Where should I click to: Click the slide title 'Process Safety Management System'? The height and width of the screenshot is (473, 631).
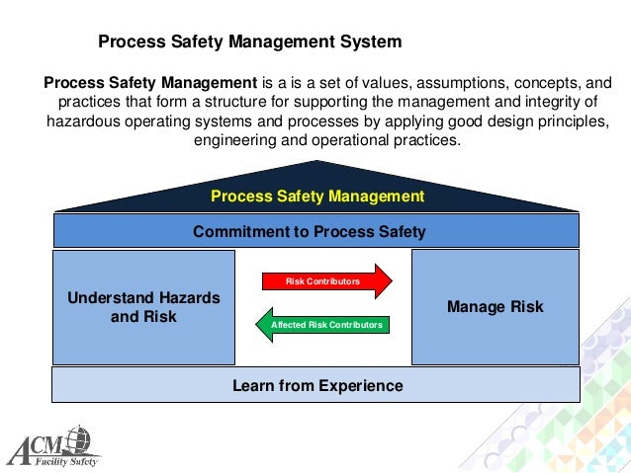click(x=249, y=42)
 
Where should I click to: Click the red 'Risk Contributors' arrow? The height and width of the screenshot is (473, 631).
click(x=325, y=281)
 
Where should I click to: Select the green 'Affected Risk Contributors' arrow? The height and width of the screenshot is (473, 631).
click(x=321, y=324)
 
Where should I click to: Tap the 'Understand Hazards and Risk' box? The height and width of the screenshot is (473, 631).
click(x=143, y=307)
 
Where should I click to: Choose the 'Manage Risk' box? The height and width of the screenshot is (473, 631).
click(x=495, y=307)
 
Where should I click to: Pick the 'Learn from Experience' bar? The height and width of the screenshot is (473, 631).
click(x=315, y=385)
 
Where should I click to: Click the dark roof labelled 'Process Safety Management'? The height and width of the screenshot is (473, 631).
click(x=316, y=197)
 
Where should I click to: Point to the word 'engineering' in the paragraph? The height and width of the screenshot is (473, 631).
click(x=233, y=140)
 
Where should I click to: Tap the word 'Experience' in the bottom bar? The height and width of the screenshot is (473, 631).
click(x=359, y=385)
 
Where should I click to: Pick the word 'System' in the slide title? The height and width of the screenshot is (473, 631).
click(x=373, y=42)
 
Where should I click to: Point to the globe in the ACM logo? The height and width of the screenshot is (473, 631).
click(x=78, y=435)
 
